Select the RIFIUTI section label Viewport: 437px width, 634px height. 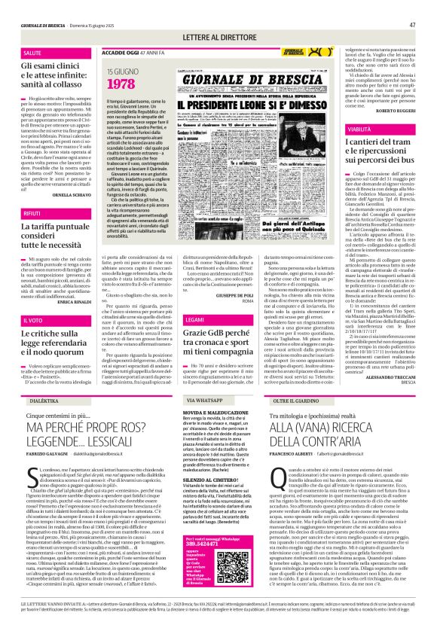pyautogui.click(x=33, y=192)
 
